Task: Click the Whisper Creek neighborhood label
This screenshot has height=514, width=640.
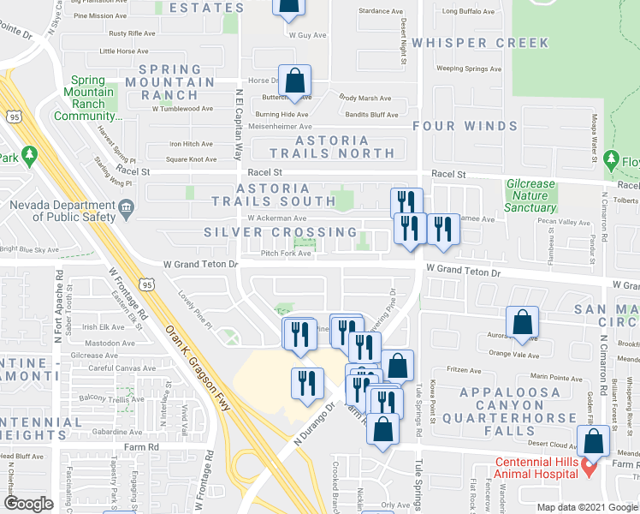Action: pyautogui.click(x=479, y=43)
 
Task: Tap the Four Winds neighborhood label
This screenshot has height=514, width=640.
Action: pyautogui.click(x=465, y=126)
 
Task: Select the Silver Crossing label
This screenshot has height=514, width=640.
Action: pyautogui.click(x=280, y=232)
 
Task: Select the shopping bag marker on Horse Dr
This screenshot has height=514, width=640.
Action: pyautogui.click(x=294, y=81)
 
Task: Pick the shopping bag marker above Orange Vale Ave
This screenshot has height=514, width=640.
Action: pyautogui.click(x=522, y=323)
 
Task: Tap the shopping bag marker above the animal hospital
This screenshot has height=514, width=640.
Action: pyautogui.click(x=593, y=441)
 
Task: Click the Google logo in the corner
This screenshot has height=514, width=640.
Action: pyautogui.click(x=29, y=503)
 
